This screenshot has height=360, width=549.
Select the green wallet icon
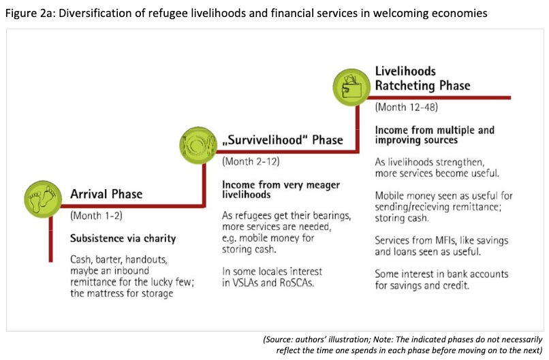coord(350,85)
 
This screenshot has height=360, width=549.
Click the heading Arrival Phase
coord(106,194)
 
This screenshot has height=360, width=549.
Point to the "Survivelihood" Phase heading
coord(282,140)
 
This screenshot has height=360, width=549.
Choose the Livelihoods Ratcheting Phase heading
coord(422,78)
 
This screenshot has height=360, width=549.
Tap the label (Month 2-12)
coord(251,162)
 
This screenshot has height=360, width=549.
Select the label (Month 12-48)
coord(407,108)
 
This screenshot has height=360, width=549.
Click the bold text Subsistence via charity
coord(123,238)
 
